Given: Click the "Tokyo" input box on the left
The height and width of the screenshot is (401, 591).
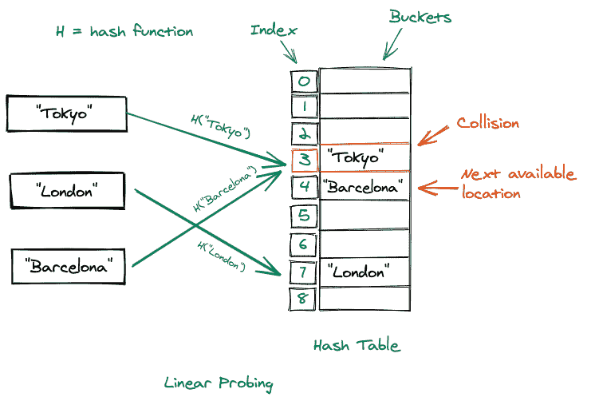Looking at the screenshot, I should point(65,114).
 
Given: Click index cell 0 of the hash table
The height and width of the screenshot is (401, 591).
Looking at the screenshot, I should point(304,81).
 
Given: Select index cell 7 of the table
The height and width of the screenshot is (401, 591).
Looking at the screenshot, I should point(304,272).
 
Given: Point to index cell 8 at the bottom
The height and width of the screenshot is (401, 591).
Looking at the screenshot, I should point(304,299).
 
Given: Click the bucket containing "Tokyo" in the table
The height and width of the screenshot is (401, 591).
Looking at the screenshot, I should point(364,159).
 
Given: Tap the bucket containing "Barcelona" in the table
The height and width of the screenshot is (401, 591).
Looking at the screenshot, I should point(364,188).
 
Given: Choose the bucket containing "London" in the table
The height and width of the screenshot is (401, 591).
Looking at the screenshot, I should point(364,272).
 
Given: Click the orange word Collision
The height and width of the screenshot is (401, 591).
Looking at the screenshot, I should point(487,124).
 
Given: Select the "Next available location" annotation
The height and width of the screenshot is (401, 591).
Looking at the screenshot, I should point(518,184).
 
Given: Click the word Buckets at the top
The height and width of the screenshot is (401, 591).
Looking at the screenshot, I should point(420,17).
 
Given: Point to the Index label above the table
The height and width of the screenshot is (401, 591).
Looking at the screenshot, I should point(274,30).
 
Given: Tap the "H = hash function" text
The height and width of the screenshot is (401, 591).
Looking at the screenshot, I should point(124,32).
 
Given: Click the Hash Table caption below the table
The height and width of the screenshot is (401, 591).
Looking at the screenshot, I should point(357,346).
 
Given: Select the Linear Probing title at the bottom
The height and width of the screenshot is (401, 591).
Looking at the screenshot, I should point(219,383).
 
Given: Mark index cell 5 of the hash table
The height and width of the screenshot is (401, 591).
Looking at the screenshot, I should point(304,215).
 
